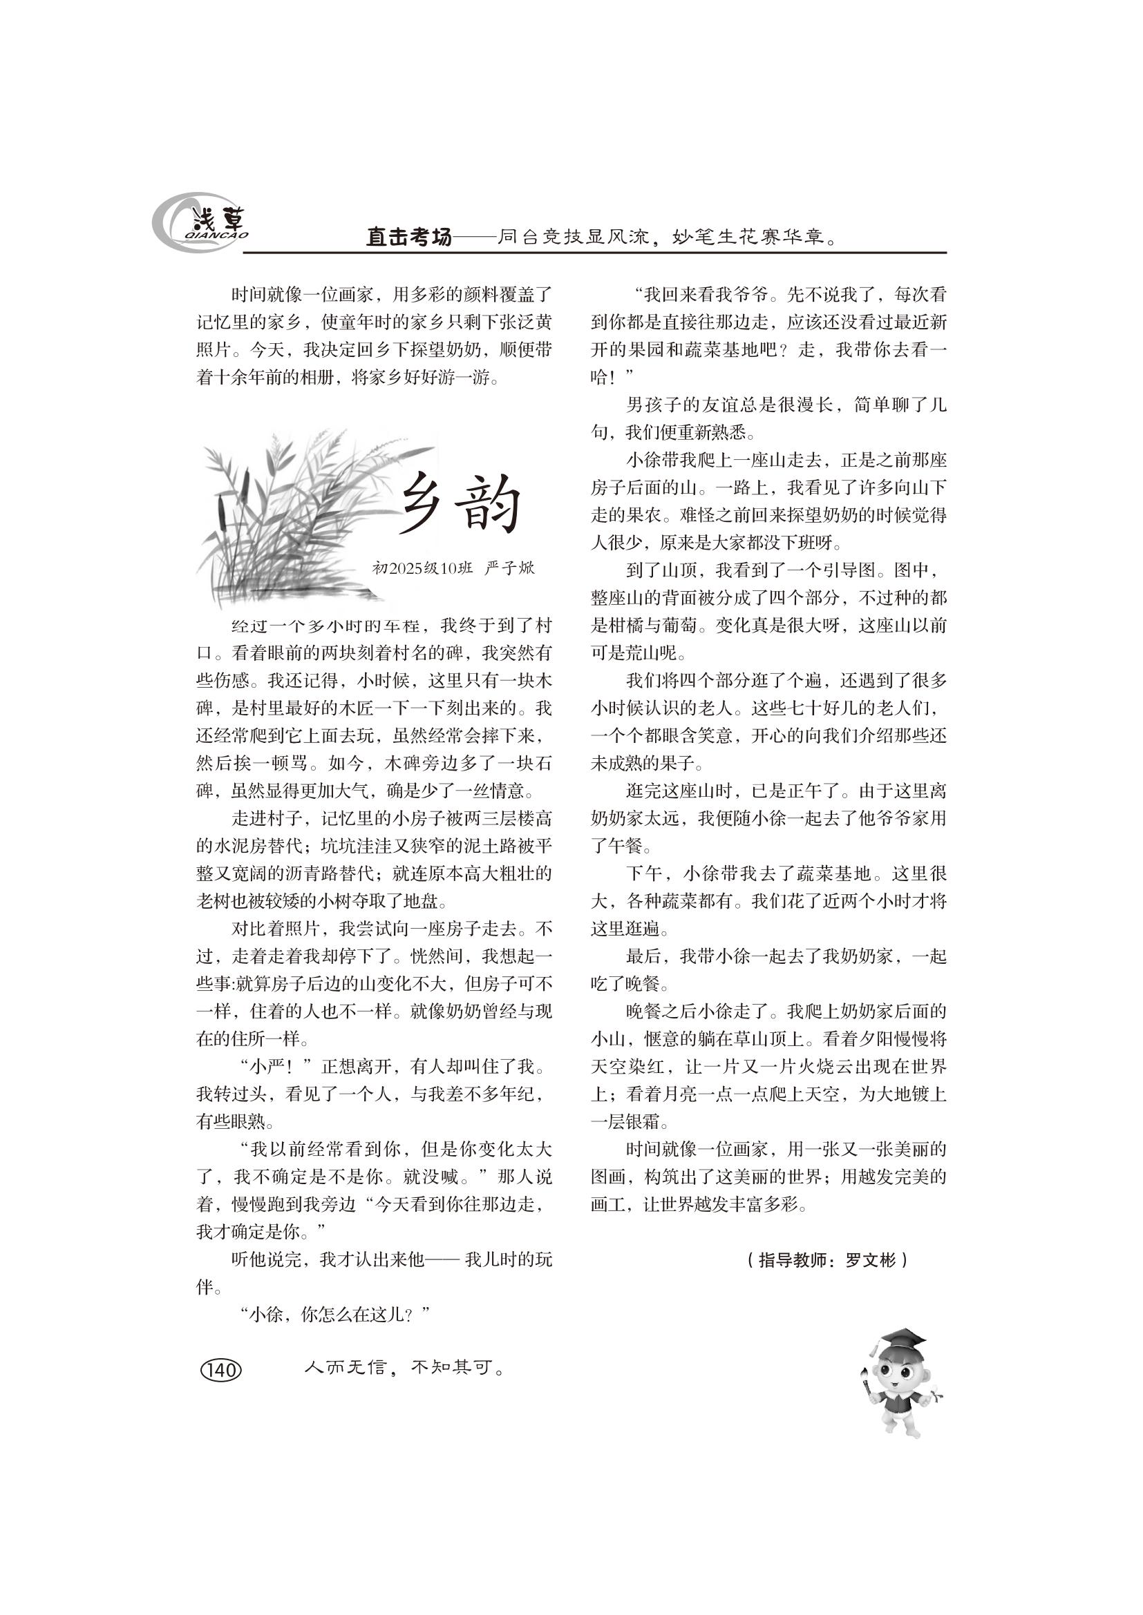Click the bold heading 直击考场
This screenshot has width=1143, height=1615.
pos(408,237)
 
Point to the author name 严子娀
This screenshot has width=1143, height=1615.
pos(510,568)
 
